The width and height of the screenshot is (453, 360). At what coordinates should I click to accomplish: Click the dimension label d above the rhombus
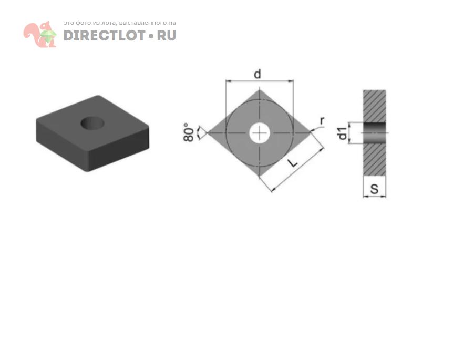(257, 74)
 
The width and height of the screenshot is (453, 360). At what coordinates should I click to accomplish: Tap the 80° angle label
(189, 132)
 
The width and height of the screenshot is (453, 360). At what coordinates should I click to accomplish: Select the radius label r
(322, 120)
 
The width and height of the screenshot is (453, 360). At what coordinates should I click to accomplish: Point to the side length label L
(293, 163)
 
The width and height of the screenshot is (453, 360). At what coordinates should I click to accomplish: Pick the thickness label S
(374, 189)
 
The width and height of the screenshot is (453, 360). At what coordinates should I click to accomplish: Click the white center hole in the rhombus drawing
(260, 133)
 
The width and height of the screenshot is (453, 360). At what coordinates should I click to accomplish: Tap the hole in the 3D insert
(92, 123)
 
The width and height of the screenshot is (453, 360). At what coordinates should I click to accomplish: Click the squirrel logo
(40, 34)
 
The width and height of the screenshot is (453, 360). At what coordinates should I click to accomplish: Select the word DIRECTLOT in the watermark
(104, 36)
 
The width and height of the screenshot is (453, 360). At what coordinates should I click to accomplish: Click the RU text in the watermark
(167, 36)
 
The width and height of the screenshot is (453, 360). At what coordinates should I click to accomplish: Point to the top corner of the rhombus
(260, 90)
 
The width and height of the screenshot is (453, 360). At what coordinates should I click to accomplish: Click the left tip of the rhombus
(208, 132)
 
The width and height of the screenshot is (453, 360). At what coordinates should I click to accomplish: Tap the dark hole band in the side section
(374, 133)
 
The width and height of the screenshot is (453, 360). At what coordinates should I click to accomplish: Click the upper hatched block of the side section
(374, 106)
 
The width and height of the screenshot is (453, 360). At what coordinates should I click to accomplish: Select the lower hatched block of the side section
(374, 159)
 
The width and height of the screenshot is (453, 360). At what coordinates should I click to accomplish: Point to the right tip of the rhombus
(312, 132)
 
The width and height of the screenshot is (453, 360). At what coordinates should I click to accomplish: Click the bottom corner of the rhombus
(260, 176)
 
